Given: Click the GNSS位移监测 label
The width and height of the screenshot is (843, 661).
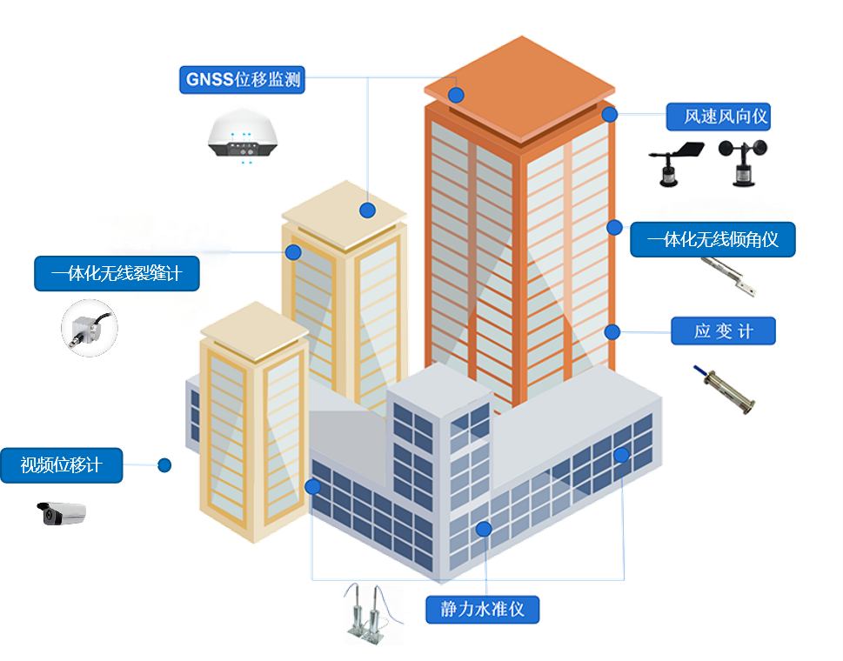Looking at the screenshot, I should [x=244, y=80].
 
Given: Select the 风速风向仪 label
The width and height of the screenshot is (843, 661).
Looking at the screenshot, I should [x=719, y=117].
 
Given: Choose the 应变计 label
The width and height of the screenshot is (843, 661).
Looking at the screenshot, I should [x=723, y=331].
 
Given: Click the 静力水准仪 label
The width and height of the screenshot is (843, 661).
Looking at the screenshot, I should [x=483, y=609].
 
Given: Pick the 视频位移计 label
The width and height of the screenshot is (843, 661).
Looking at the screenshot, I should [x=62, y=465].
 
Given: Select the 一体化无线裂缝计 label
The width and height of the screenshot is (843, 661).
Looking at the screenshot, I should [x=117, y=273].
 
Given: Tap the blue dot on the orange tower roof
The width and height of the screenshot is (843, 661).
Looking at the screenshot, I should [x=456, y=95].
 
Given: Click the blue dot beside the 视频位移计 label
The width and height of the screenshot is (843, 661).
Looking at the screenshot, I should [x=164, y=465].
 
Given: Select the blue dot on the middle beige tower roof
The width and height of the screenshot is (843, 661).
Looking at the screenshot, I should [x=367, y=210].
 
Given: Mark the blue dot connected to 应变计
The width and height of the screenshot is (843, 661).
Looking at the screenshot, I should [x=612, y=331].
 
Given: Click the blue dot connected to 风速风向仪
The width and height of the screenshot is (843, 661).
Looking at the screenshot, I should [x=610, y=114].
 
